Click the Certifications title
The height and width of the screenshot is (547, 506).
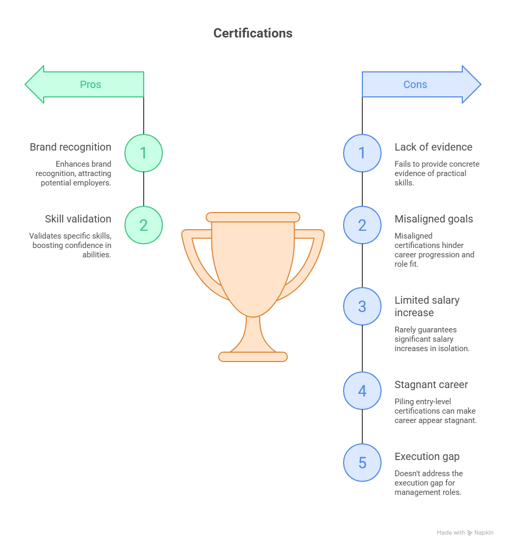coord(253,33)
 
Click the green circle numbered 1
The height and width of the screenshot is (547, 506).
coord(144,153)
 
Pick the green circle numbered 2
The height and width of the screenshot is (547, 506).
coord(144,225)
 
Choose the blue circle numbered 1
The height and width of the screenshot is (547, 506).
coord(362,153)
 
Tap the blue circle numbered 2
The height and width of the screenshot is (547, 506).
coord(362,225)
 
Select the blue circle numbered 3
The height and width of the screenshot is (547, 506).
coord(362,306)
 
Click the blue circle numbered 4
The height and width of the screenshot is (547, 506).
coord(362,391)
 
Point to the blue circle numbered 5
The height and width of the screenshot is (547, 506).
coord(362,463)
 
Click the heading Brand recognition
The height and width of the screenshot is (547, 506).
coord(70,147)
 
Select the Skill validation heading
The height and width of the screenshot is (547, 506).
coord(78,219)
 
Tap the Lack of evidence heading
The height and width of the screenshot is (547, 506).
coord(433,147)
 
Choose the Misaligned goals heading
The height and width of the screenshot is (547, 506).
coord(434,219)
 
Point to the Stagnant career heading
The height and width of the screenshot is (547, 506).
coord(431,384)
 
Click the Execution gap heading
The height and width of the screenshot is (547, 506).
coord(427,456)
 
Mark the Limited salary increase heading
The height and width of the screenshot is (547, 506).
coord(427,306)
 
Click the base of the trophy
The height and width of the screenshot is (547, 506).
coord(253,357)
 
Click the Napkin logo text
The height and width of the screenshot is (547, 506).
coord(483,532)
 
